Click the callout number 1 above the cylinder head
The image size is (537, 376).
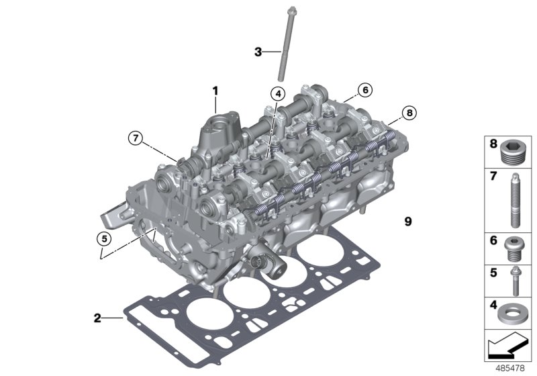pyautogui.click(x=216, y=89)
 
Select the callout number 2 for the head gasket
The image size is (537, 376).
pyautogui.click(x=97, y=317)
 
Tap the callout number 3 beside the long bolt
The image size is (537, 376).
pyautogui.click(x=258, y=51)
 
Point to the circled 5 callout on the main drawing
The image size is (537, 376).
pyautogui.click(x=102, y=237)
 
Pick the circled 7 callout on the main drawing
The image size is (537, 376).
pyautogui.click(x=136, y=139)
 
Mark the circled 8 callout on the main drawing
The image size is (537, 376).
pyautogui.click(x=408, y=112)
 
